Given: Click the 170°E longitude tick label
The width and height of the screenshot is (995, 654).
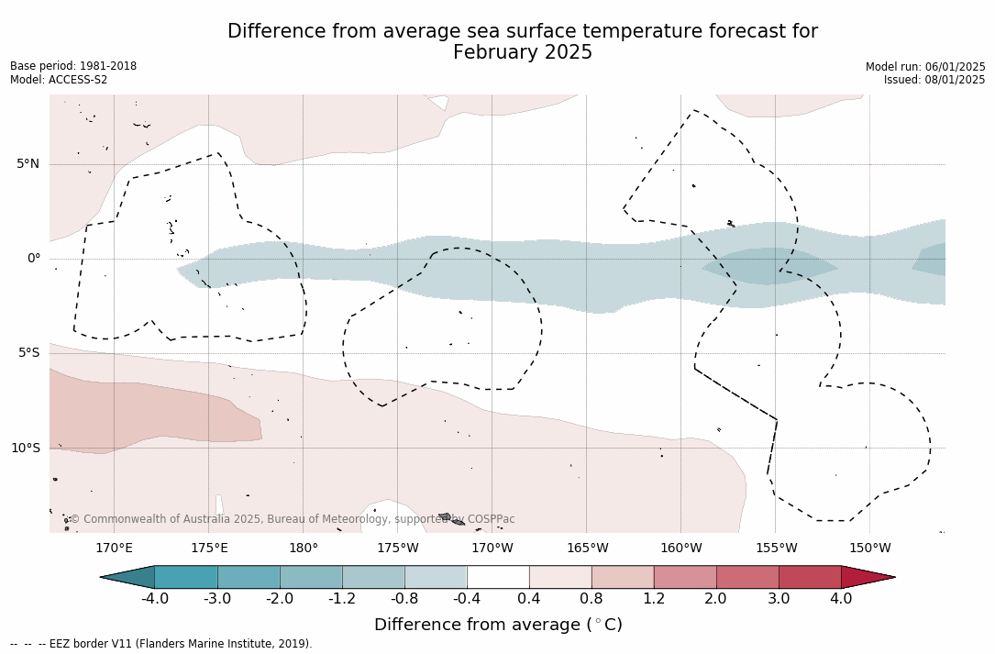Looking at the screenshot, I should pos(114,549).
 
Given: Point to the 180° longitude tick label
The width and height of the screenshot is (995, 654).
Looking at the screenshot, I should pos(304,549).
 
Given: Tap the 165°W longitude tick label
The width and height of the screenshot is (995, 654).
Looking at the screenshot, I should pos(587,549).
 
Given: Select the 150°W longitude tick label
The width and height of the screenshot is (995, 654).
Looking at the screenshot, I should pos(869,549).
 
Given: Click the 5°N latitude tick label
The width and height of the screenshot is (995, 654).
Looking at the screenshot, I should pos(28,164).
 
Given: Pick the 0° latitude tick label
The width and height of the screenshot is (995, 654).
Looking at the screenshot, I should pos(34,259).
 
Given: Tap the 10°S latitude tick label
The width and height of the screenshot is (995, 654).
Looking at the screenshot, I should pos(26,449).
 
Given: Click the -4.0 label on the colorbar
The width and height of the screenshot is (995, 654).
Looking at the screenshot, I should pos(154,599).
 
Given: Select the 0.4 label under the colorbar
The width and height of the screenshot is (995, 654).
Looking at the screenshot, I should pos(529,599).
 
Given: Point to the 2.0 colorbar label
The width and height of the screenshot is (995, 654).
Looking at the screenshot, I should pos(715,599).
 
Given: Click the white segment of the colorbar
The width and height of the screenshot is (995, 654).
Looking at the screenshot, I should pos(498,577).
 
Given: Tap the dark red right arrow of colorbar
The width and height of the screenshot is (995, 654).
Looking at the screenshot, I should pos(867,577).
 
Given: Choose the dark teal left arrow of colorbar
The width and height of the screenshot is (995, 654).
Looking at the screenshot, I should pos(128,577).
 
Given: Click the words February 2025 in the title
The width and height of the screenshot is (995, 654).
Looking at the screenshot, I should pos(523,53).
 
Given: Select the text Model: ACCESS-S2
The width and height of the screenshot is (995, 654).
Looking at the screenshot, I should pos(59,80).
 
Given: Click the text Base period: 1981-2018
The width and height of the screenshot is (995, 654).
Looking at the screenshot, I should pos(73,66).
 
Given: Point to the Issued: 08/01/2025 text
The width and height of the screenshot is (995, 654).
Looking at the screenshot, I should pos(934,80).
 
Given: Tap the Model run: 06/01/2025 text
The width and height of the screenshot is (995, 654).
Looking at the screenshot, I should pos(925,67).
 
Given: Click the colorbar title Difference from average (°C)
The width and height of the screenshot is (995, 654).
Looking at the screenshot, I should pos(498,625).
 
